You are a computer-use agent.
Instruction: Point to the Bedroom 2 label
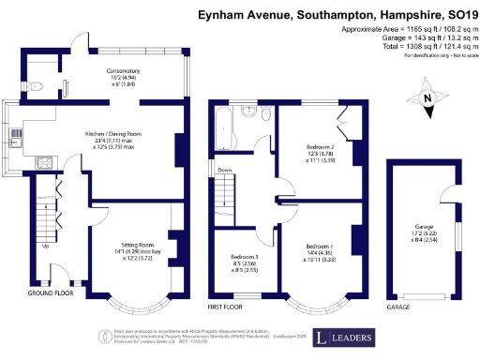[x=321, y=148]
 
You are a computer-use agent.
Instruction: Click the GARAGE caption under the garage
[x=397, y=307]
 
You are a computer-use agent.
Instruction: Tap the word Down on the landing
[x=225, y=170]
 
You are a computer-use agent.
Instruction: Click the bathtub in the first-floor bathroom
[x=227, y=128]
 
